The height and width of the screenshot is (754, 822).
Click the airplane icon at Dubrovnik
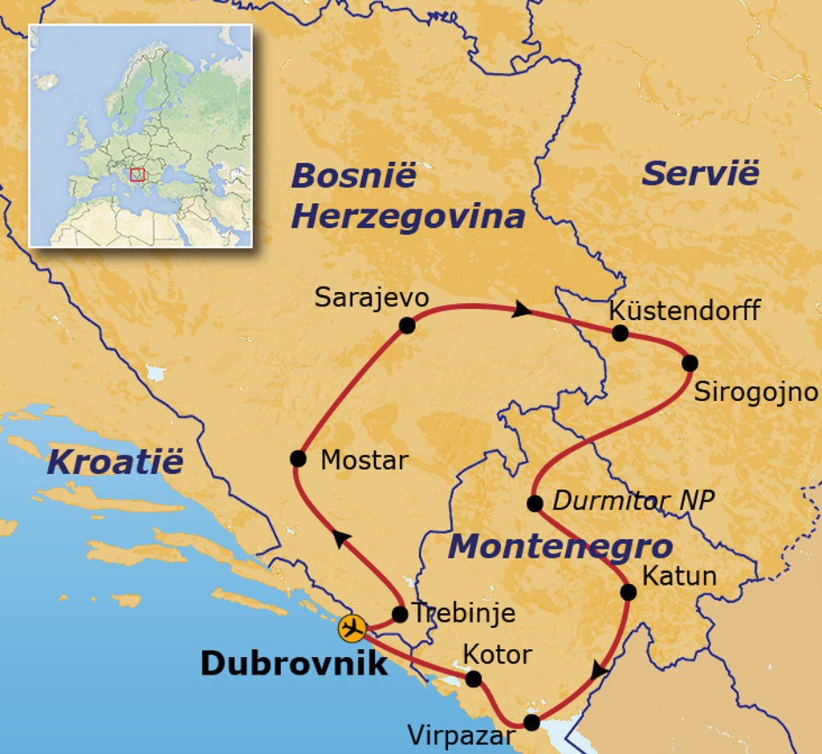(x=352, y=628)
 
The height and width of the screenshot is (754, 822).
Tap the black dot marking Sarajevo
(x=407, y=326)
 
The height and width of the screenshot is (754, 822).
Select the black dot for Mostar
(x=298, y=458)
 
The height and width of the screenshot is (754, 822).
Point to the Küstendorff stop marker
(x=620, y=333)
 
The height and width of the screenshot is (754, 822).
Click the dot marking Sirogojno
(x=690, y=363)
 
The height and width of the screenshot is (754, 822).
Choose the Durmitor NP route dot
(x=535, y=503)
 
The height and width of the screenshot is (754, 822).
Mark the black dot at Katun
(x=629, y=592)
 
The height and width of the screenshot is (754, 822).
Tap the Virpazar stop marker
(x=531, y=722)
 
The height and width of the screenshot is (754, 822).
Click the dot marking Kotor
(x=474, y=679)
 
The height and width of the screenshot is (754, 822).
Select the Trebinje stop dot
(x=400, y=614)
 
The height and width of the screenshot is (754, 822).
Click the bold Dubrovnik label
(x=293, y=663)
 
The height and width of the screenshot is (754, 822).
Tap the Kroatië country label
(x=115, y=462)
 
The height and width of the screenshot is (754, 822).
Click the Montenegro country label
(x=560, y=547)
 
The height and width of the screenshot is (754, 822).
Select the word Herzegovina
(x=408, y=217)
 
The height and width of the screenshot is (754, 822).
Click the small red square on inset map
(x=137, y=174)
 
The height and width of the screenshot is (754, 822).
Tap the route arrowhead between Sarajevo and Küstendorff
(x=523, y=309)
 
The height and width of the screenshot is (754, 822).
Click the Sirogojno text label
(x=755, y=392)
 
